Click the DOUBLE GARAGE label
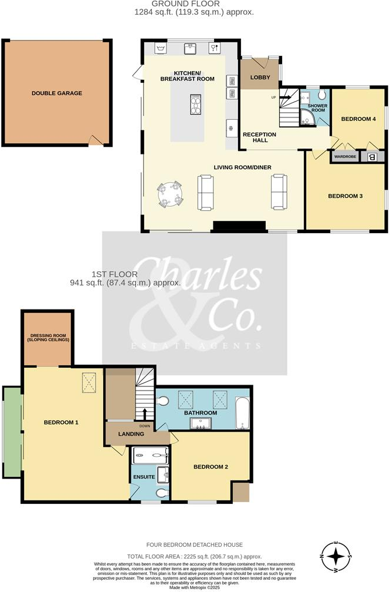(x=57, y=93)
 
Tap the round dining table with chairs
(x=170, y=193)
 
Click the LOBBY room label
(x=259, y=78)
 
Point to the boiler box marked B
(x=372, y=157)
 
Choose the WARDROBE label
(x=346, y=157)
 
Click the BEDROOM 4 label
(x=358, y=119)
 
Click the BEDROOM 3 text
(x=345, y=196)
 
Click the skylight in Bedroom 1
(x=90, y=383)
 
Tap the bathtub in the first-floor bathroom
(x=242, y=412)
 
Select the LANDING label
(x=131, y=434)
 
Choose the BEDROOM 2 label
(x=211, y=467)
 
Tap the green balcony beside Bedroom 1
(x=12, y=432)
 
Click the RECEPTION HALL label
(x=259, y=137)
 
